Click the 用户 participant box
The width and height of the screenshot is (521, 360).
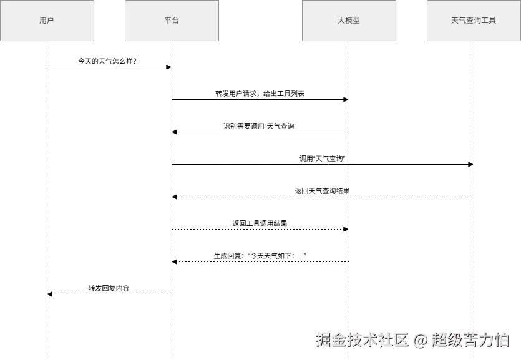coord(47,21)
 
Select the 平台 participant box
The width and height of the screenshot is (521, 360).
coord(172,21)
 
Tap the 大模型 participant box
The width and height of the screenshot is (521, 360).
coord(349,21)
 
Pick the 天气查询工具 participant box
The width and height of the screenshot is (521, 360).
coord(474,21)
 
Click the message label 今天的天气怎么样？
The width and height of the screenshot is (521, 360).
coord(107,61)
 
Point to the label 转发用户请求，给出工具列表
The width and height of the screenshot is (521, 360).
coord(260,94)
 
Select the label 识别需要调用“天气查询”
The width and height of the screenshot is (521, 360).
coord(260,126)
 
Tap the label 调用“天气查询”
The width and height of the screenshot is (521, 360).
coord(322,158)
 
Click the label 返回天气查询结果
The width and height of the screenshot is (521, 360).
coord(322,191)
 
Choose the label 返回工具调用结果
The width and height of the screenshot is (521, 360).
coord(260,223)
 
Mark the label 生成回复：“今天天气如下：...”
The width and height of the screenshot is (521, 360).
coord(260,256)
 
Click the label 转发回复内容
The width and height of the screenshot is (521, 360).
coord(109,288)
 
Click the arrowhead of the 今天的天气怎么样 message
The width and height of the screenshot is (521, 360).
coord(168,67)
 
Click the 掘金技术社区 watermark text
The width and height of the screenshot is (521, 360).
coord(362,340)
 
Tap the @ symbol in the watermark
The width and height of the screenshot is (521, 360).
coord(421,341)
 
